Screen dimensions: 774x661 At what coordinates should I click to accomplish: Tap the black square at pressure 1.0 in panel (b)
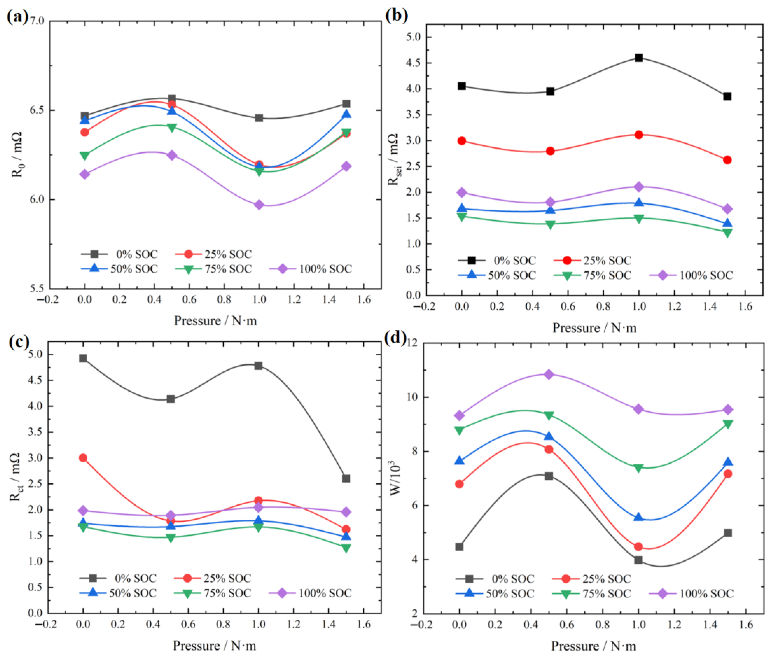pos(639,58)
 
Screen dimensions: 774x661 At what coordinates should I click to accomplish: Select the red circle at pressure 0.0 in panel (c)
pos(83,458)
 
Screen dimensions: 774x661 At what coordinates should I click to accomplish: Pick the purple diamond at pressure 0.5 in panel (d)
pos(549,374)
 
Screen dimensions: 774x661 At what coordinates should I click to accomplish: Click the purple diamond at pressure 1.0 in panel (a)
pos(259,205)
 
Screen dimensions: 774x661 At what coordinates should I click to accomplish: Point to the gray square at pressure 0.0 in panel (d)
pos(459,547)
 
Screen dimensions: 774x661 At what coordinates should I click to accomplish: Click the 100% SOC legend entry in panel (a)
pos(311,269)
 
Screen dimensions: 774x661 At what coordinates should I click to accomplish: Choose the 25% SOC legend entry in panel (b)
pos(593,260)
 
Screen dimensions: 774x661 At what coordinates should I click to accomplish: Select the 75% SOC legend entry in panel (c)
pos(213,593)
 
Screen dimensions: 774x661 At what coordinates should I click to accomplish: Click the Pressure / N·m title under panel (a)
pos(216,321)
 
